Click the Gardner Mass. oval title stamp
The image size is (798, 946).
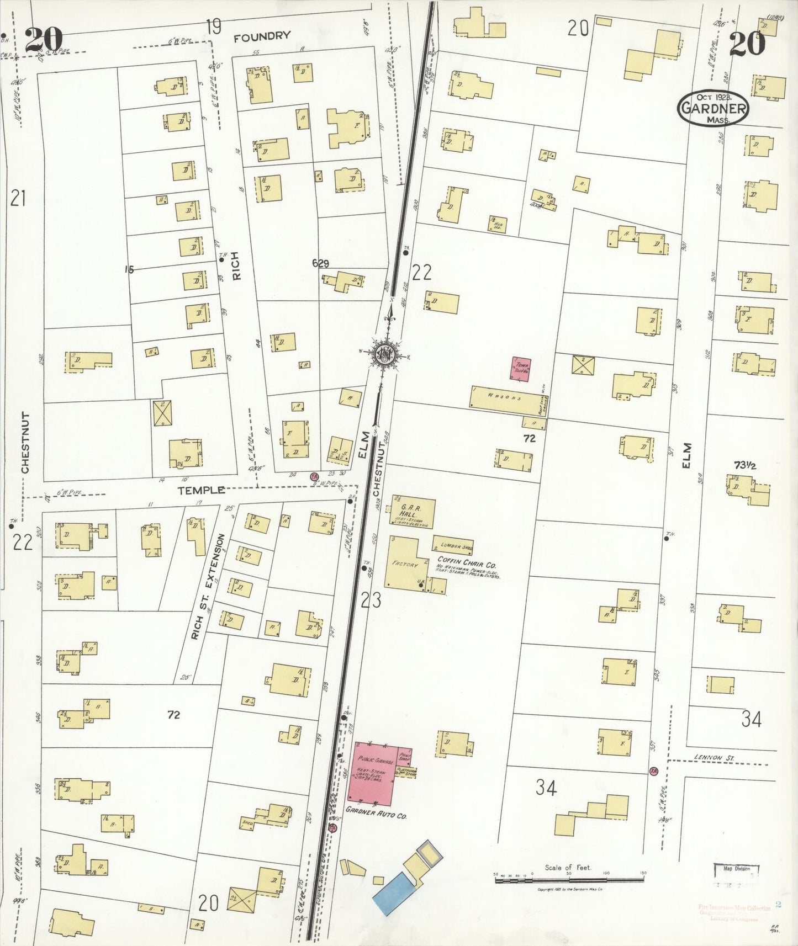click(713, 108)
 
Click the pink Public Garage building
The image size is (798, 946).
click(372, 773)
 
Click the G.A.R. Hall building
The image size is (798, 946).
click(413, 513)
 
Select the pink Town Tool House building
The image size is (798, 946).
click(520, 369)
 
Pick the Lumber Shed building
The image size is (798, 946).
click(453, 545)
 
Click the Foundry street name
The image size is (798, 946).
click(262, 37)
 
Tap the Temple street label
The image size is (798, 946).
click(201, 490)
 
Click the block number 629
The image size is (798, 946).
click(321, 264)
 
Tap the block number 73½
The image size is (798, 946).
click(744, 465)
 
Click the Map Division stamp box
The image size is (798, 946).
click(736, 870)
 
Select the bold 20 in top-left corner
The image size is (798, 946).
click(44, 40)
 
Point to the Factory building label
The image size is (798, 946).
click(405, 564)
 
